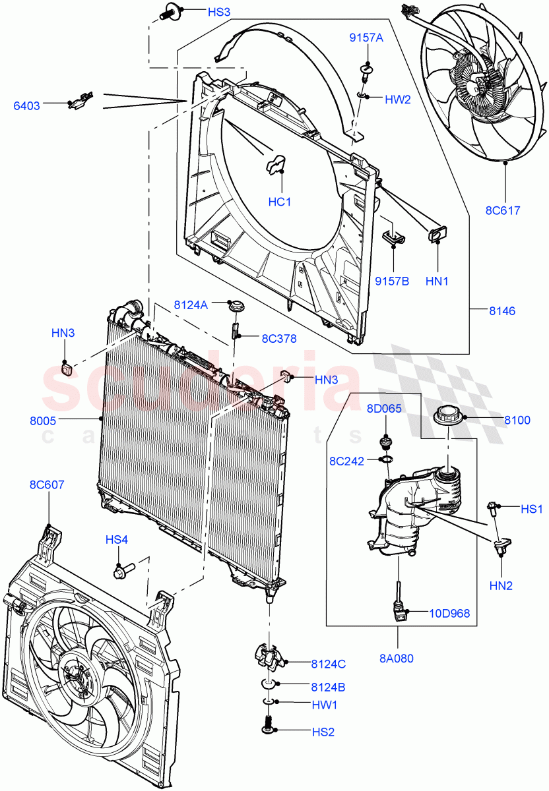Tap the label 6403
[x=27, y=105]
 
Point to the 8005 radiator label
[x=43, y=420]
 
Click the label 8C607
[x=46, y=485]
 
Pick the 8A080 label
[x=397, y=658]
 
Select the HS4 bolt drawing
[x=123, y=566]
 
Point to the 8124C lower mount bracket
[x=269, y=655]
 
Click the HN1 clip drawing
[x=437, y=232]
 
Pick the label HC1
[x=279, y=202]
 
